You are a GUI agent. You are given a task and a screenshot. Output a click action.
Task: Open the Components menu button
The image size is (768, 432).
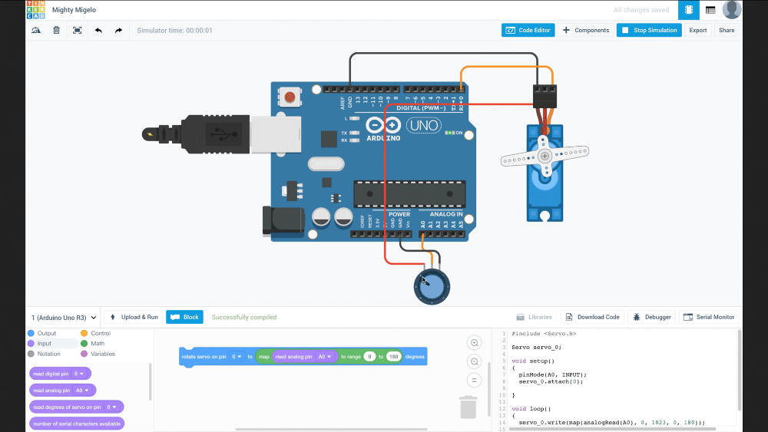[585, 30]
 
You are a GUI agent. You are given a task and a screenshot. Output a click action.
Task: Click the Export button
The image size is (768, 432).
[697, 30]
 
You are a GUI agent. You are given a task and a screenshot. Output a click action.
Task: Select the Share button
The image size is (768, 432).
[726, 30]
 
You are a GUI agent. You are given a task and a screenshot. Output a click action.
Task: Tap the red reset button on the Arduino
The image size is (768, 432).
[290, 97]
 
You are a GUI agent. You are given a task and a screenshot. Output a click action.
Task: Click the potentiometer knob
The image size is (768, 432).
[432, 286]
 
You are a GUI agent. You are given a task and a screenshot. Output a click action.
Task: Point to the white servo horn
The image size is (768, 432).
[544, 157]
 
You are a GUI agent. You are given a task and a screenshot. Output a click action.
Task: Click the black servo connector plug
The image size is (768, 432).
[545, 95]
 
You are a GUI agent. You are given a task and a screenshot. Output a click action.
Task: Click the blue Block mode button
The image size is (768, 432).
[184, 317]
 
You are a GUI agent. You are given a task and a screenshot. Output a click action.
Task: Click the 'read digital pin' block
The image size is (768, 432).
[60, 374]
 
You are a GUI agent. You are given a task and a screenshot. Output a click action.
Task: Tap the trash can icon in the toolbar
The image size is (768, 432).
[56, 30]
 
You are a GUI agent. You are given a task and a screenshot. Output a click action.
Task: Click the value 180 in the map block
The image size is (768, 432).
[394, 357]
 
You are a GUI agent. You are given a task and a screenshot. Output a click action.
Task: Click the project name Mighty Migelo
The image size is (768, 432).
[74, 10]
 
